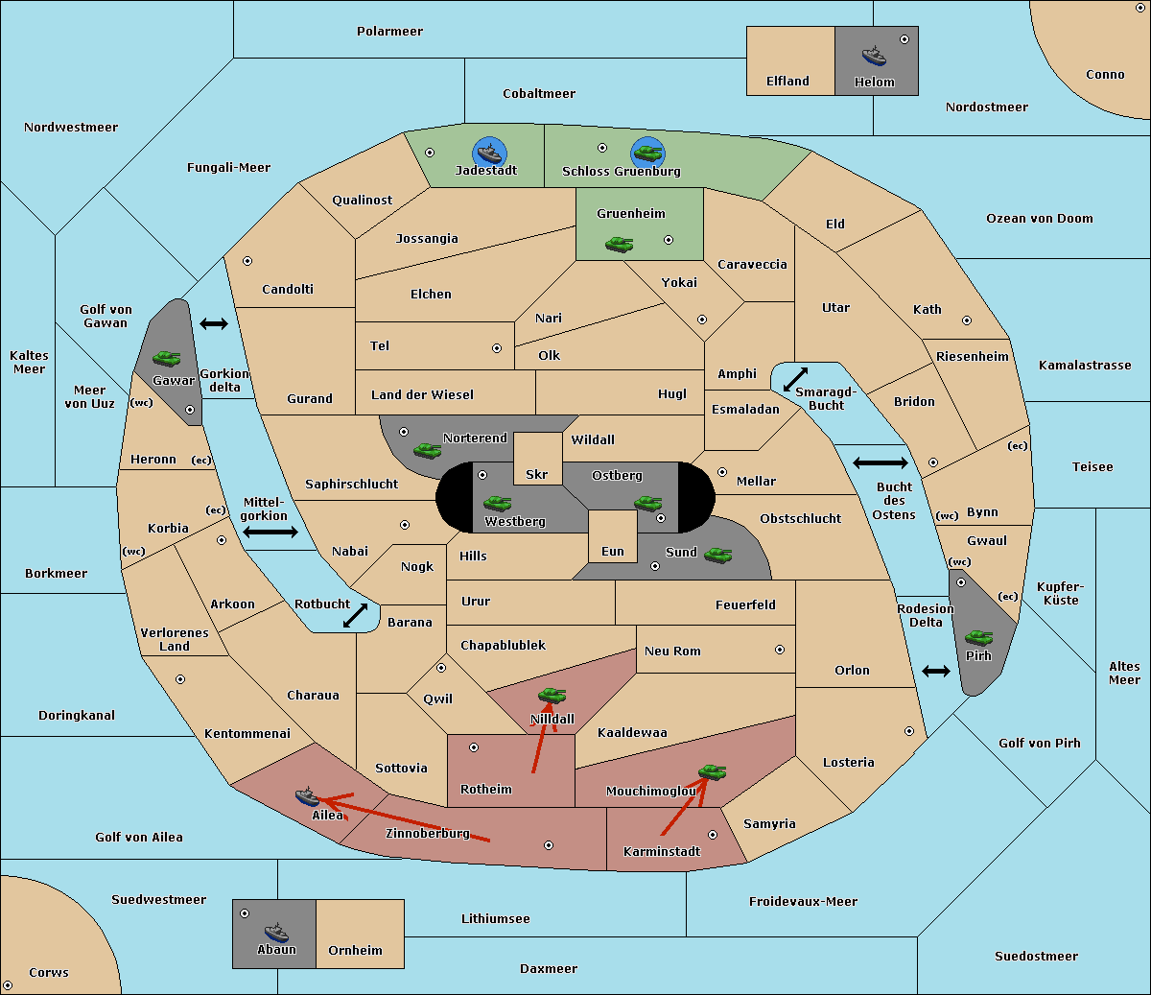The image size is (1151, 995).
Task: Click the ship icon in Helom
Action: tap(873, 56)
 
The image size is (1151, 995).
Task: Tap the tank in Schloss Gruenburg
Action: tap(647, 153)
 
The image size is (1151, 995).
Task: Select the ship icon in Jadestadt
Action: tap(489, 153)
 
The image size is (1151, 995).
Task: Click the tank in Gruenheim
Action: tap(619, 244)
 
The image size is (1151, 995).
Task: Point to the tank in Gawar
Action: tap(167, 358)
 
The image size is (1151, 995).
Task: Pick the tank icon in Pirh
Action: tap(979, 637)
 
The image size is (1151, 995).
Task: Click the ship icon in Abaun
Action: tap(276, 932)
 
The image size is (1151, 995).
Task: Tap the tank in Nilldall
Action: tap(552, 695)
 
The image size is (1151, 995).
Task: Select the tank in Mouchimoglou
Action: tap(712, 771)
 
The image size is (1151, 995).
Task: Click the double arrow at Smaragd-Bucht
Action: tap(795, 379)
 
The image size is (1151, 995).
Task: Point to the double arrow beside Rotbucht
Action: tap(355, 616)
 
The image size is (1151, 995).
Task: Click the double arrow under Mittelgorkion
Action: tap(270, 532)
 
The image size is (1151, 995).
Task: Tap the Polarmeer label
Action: tap(389, 32)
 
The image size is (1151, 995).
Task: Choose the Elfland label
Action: tap(787, 82)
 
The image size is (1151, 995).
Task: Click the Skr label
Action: tap(536, 474)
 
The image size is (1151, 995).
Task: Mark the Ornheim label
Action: tap(355, 951)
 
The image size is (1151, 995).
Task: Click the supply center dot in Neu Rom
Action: tap(780, 650)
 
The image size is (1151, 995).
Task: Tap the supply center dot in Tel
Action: tap(497, 348)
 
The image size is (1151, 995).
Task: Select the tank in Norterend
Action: tap(427, 449)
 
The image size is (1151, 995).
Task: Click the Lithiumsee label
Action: tap(495, 919)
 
